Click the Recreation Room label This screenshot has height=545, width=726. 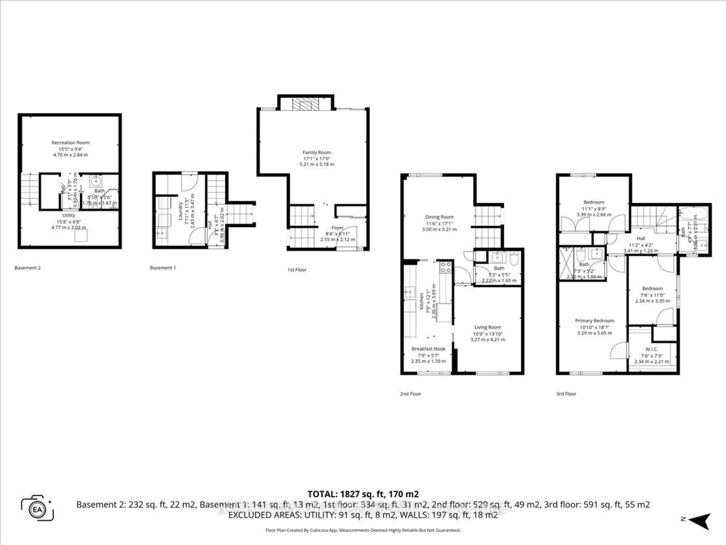tap(70, 142)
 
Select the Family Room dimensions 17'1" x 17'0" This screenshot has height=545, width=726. tap(317, 158)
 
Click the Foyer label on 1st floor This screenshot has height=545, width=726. tap(337, 228)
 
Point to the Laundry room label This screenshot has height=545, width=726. tap(180, 211)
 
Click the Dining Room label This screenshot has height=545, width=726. tap(439, 217)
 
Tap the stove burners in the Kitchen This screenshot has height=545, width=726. tap(446, 267)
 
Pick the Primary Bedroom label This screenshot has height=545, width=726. tap(594, 321)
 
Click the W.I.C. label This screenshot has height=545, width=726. tap(651, 349)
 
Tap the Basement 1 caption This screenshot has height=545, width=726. tap(163, 268)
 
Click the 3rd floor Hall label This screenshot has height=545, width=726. tap(641, 238)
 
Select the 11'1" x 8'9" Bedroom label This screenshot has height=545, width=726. tap(593, 202)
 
